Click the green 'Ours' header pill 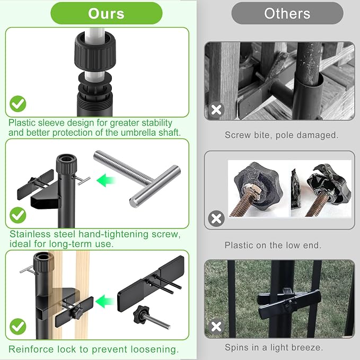click(x=106, y=13)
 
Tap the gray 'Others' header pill click(x=287, y=13)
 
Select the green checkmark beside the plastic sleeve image click(x=18, y=104)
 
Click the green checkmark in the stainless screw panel click(x=18, y=215)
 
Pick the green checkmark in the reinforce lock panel click(x=18, y=327)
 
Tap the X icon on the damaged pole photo click(x=216, y=110)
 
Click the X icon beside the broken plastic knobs click(x=216, y=218)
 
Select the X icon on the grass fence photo click(x=216, y=327)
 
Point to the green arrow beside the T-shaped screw click(x=106, y=180)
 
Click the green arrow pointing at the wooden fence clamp click(x=104, y=301)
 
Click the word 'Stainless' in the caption click(x=31, y=234)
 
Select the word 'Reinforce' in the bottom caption click(x=31, y=349)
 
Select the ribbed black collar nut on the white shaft click(x=95, y=52)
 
